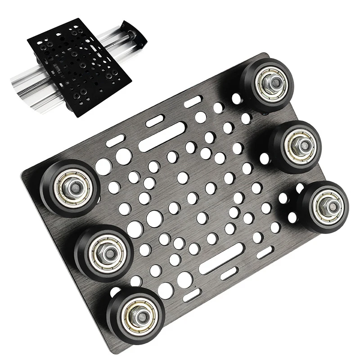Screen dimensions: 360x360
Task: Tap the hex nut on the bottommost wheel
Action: (135, 312)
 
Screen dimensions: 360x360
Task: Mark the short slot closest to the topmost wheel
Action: (192, 101)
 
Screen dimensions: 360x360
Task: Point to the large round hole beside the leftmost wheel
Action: (103, 168)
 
